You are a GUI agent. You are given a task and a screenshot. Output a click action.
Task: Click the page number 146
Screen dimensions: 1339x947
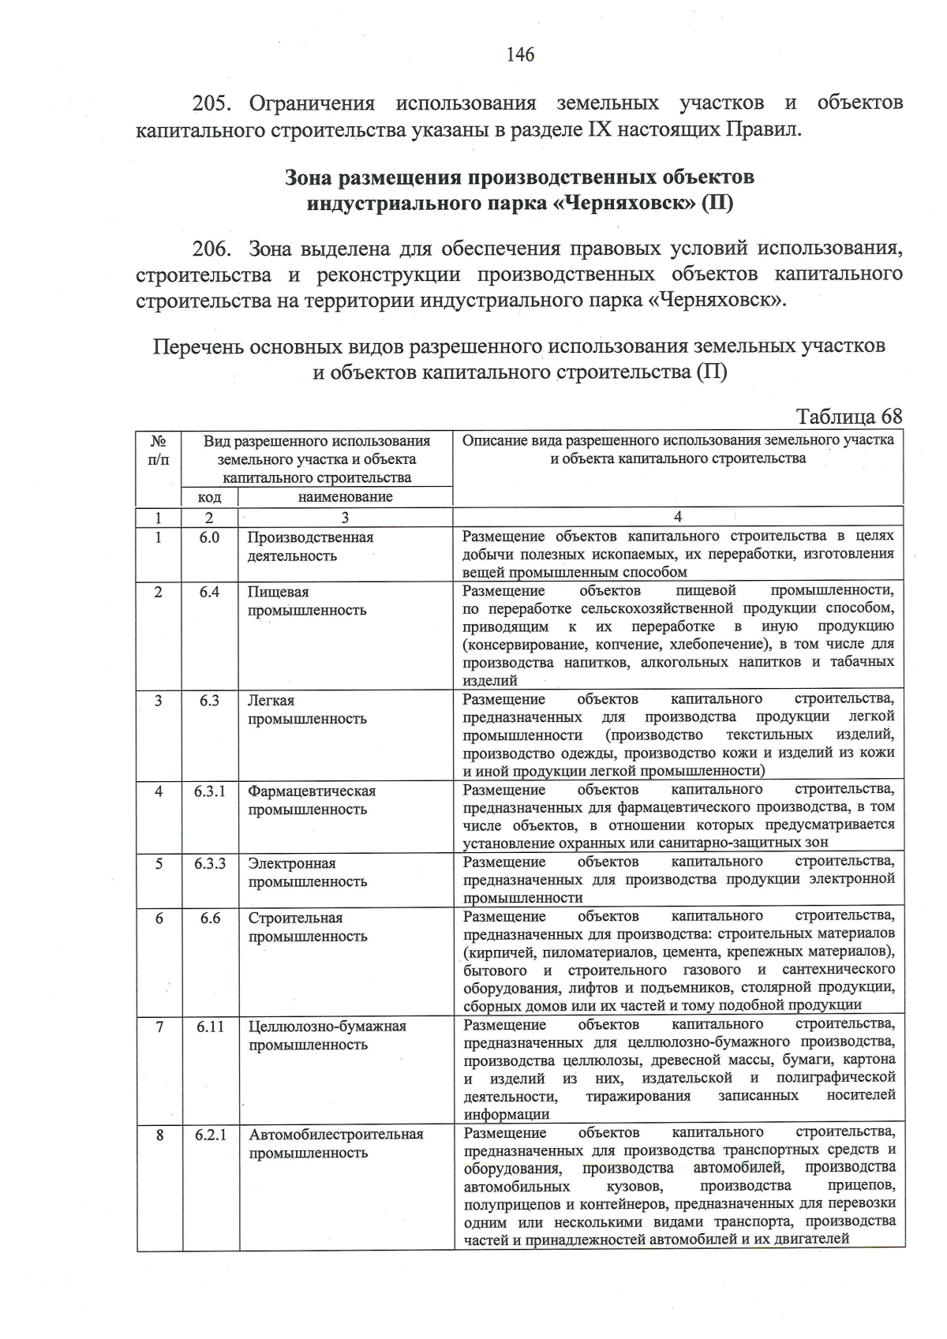pyautogui.click(x=521, y=54)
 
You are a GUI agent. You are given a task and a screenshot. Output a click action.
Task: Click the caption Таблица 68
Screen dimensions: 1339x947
pyautogui.click(x=848, y=417)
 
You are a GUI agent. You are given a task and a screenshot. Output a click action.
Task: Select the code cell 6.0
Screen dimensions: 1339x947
pyautogui.click(x=209, y=537)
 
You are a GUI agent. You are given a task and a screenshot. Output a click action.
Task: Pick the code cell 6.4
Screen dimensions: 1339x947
pyautogui.click(x=209, y=592)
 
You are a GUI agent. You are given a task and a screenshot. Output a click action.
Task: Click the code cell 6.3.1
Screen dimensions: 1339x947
pyautogui.click(x=210, y=791)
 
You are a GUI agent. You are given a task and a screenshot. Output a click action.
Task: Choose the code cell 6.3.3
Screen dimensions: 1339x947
pyautogui.click(x=210, y=863)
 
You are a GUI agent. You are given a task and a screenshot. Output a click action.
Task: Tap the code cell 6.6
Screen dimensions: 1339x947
pyautogui.click(x=210, y=918)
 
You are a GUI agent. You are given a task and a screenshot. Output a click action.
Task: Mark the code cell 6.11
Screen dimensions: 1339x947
pyautogui.click(x=211, y=1026)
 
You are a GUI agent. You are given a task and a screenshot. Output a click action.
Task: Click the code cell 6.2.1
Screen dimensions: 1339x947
pyautogui.click(x=211, y=1135)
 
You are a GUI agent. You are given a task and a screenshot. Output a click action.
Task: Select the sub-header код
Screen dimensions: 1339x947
pyautogui.click(x=209, y=497)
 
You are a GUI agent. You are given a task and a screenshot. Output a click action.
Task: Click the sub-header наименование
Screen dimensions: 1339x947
pyautogui.click(x=345, y=497)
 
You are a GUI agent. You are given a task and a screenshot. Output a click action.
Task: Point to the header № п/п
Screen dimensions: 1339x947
pyautogui.click(x=159, y=450)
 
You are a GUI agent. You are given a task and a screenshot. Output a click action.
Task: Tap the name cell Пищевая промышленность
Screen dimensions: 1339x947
pyautogui.click(x=307, y=601)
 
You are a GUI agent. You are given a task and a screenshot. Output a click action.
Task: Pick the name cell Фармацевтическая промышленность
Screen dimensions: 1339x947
pyautogui.click(x=312, y=800)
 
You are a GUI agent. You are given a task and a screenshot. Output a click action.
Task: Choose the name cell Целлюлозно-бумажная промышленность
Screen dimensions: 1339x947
pyautogui.click(x=328, y=1035)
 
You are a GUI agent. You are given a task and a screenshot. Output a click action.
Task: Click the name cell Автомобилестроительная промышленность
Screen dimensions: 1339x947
pyautogui.click(x=336, y=1144)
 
